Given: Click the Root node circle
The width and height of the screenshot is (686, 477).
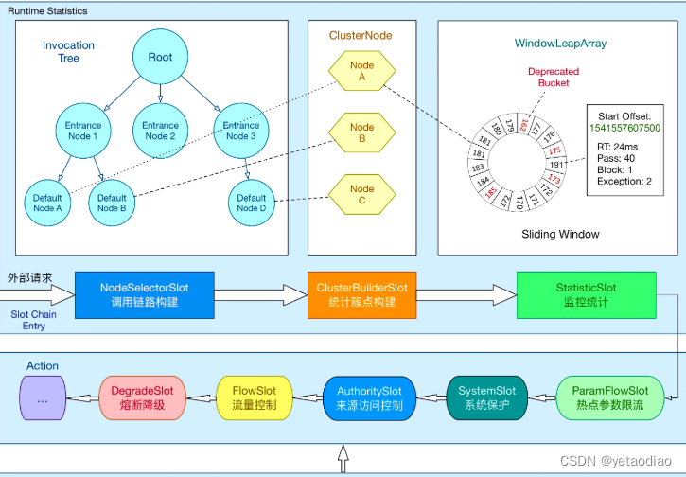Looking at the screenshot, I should (x=160, y=57).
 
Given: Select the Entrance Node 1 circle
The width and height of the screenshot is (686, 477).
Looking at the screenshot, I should (x=82, y=131).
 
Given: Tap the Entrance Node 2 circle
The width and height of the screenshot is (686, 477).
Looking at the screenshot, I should (x=160, y=131).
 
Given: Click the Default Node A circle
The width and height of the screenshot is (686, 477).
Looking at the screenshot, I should (x=46, y=203).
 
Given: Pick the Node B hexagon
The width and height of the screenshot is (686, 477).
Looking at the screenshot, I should (x=361, y=133).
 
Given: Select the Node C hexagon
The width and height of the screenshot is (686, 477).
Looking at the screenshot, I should (x=361, y=195).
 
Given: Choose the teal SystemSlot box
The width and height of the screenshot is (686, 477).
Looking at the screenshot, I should (x=486, y=397).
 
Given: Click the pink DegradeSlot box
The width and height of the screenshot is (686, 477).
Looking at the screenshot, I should (x=142, y=397).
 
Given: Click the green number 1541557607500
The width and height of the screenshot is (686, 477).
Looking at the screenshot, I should (x=624, y=128).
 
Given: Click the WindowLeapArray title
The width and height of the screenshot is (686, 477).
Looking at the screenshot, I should (x=560, y=44).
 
